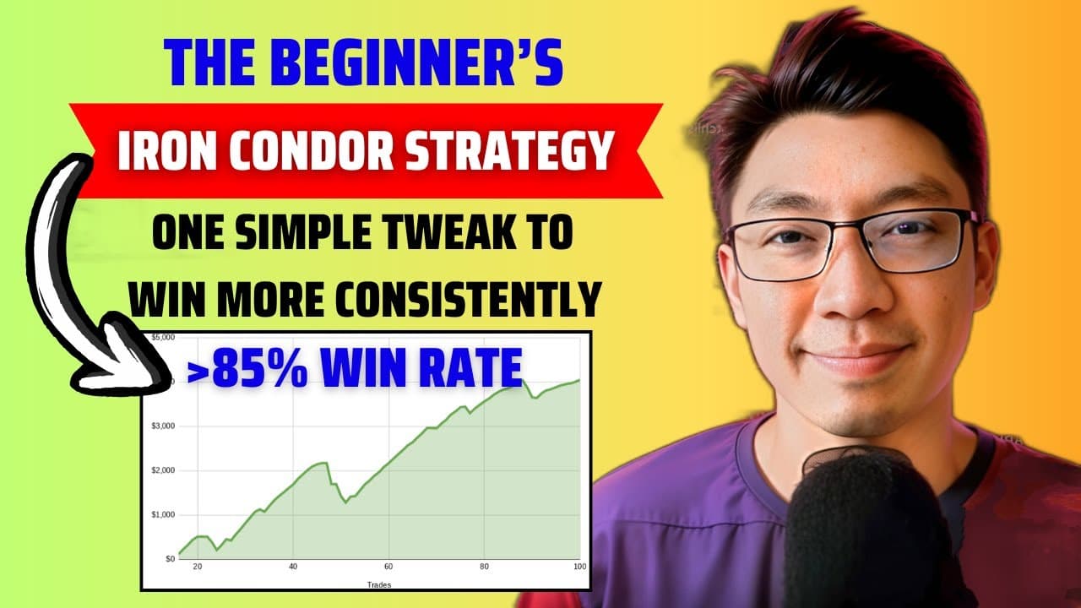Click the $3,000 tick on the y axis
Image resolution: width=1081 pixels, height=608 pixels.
pos(162,426)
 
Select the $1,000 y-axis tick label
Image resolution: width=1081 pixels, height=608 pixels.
pos(162,514)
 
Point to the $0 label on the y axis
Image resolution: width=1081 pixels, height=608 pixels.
pos(168,558)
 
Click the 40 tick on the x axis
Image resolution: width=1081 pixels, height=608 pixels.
pos(292,567)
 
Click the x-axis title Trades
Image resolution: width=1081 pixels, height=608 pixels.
pos(379,584)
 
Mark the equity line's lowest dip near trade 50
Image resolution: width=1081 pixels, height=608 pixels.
pos(345,502)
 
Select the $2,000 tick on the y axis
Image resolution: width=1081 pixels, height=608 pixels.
pos(162,470)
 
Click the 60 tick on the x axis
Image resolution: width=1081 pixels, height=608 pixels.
pos(388,567)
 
